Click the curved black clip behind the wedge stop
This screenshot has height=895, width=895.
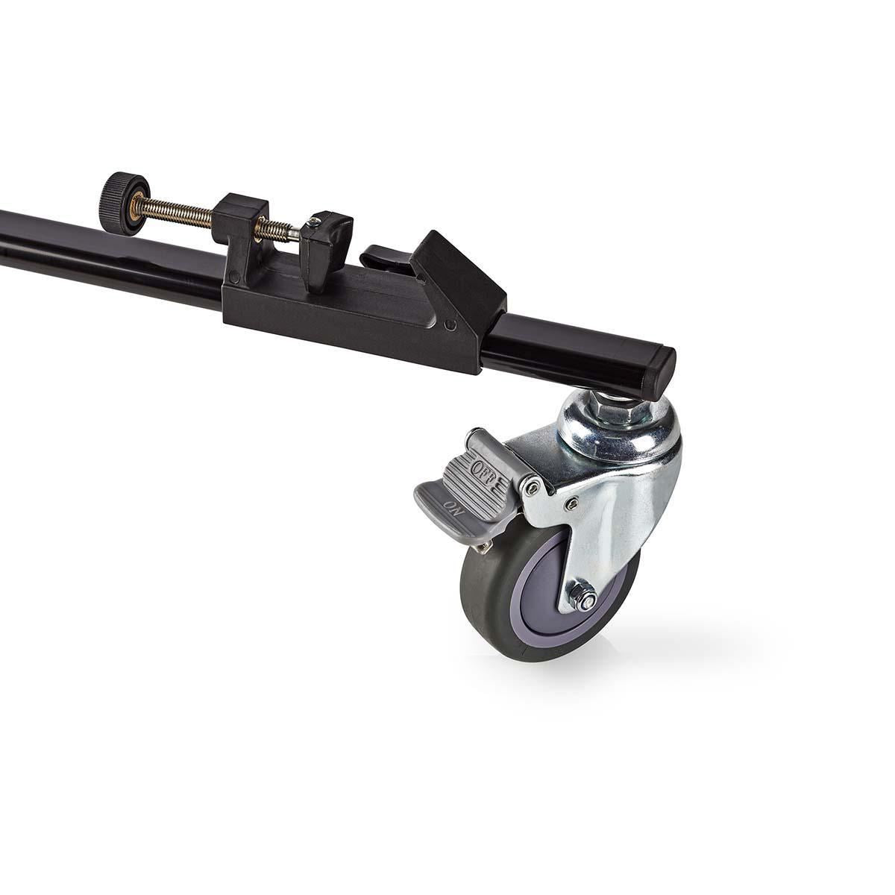(384, 257)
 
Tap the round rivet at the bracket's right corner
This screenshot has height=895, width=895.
(450, 326)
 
